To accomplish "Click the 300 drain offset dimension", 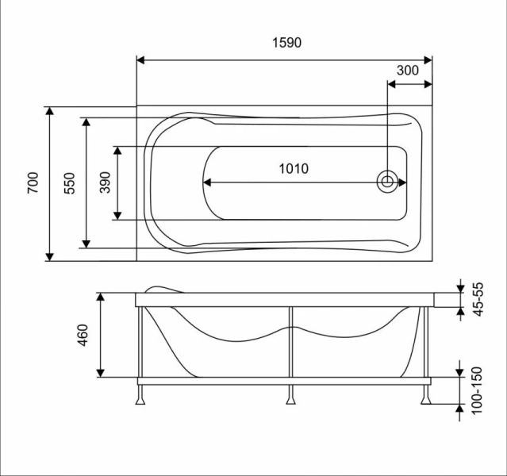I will coord(407,70).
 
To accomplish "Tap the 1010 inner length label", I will coord(294,168).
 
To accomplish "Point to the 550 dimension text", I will coord(70,183).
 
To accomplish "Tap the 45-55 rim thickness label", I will coord(478,300).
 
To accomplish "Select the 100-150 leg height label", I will coord(478,389).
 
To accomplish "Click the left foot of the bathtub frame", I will coord(141,395).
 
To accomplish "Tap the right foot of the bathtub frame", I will coord(428,395).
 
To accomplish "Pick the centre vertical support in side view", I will coord(290,343).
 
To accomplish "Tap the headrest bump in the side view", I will coord(165,288).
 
